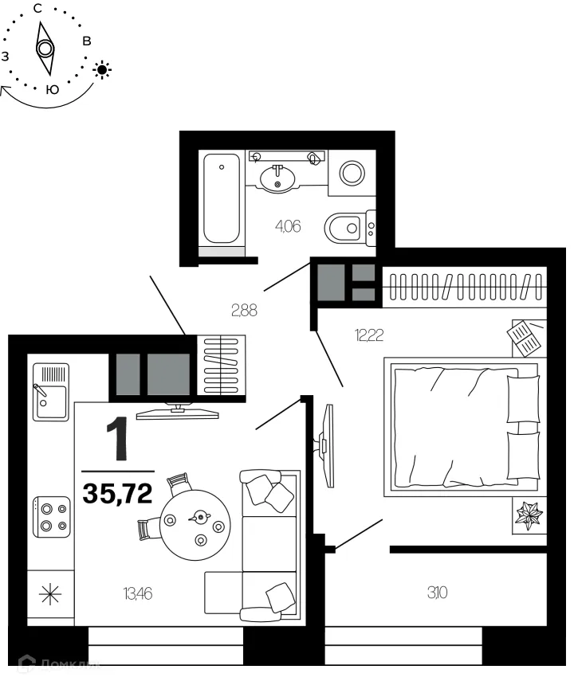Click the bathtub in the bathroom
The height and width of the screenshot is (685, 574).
(222, 199)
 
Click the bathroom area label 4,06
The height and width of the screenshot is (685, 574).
(288, 225)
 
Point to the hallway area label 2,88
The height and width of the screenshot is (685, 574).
(244, 311)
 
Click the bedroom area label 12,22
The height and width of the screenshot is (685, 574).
(369, 335)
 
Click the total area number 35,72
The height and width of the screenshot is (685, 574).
(117, 494)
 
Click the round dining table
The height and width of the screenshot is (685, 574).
(196, 523)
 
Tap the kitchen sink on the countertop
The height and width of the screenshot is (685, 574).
(50, 391)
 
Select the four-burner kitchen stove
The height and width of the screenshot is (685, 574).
(50, 516)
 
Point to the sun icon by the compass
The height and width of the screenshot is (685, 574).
(102, 69)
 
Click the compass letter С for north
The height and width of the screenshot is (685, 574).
(37, 8)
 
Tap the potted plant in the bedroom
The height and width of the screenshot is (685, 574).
(529, 515)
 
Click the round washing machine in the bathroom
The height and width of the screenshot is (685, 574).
(352, 171)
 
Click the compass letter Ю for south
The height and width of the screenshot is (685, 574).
(52, 90)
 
